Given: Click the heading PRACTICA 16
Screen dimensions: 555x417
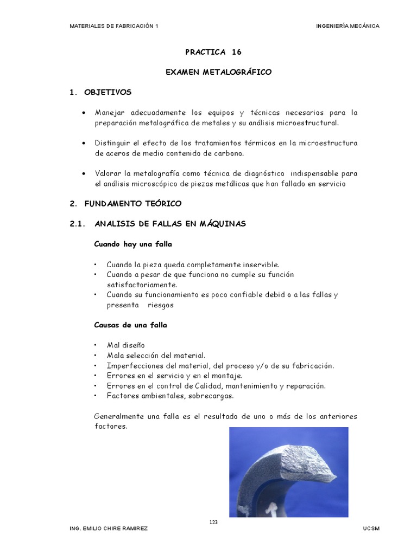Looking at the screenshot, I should coord(213,53).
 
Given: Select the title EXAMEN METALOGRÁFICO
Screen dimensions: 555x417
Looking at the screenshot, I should coord(218,72).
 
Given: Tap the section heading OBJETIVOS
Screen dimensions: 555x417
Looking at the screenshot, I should coord(108,92).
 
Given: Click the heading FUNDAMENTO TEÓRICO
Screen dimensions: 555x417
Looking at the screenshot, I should coord(132,204).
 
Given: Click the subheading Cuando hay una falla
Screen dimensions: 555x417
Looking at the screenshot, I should coord(132,244).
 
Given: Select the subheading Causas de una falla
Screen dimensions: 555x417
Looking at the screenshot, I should coord(130,325).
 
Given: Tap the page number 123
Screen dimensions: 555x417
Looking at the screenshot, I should coord(213,522).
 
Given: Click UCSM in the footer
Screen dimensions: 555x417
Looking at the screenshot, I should coord(371,528).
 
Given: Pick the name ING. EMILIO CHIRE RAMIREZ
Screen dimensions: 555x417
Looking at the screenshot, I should coord(108,528).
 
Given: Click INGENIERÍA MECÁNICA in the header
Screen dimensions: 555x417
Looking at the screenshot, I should coord(347,26).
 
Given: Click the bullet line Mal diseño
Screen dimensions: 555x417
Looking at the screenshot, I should coord(125,345).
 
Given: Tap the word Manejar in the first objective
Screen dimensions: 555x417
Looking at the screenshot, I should coord(110,113).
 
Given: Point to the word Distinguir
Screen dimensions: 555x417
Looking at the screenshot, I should coord(113,143).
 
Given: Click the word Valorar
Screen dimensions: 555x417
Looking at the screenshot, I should coord(109,173).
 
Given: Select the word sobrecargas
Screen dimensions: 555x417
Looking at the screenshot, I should coord(214,396).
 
